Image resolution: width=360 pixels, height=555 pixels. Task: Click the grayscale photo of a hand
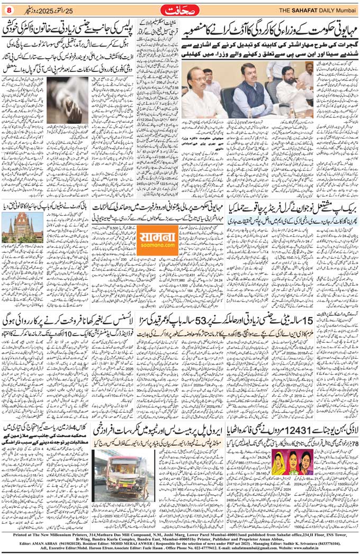point(67,99)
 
